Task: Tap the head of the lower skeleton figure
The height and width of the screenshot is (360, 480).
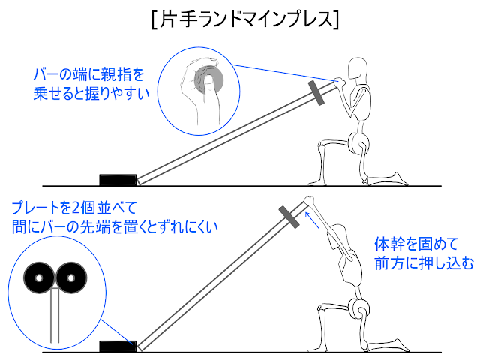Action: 340,234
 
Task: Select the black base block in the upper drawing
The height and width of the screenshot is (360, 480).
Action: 117,180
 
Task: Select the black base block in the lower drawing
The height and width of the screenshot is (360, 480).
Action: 117,346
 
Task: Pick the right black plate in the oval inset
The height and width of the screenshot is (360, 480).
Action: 70,278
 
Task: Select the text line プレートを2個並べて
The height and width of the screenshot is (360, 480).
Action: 74,206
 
